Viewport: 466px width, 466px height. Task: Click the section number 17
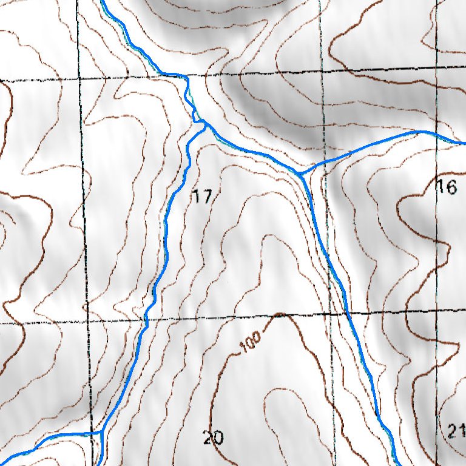pyautogui.click(x=203, y=196)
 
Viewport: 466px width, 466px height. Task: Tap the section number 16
pyautogui.click(x=447, y=187)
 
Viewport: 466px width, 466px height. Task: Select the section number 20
pyautogui.click(x=213, y=437)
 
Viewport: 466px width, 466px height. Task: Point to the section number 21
pyautogui.click(x=456, y=432)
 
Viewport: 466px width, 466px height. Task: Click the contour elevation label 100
pyautogui.click(x=250, y=344)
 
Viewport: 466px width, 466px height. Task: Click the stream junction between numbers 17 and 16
pyautogui.click(x=301, y=174)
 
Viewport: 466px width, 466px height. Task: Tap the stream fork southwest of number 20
pyautogui.click(x=103, y=432)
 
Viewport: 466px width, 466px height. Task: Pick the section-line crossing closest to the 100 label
pyautogui.click(x=331, y=314)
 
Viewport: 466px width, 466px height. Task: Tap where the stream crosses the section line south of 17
pyautogui.click(x=146, y=319)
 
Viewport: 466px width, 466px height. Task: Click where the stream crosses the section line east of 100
pyautogui.click(x=345, y=313)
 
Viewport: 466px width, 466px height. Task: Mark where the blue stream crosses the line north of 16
pyautogui.click(x=437, y=134)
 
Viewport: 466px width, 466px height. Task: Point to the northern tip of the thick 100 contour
pyautogui.click(x=279, y=314)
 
